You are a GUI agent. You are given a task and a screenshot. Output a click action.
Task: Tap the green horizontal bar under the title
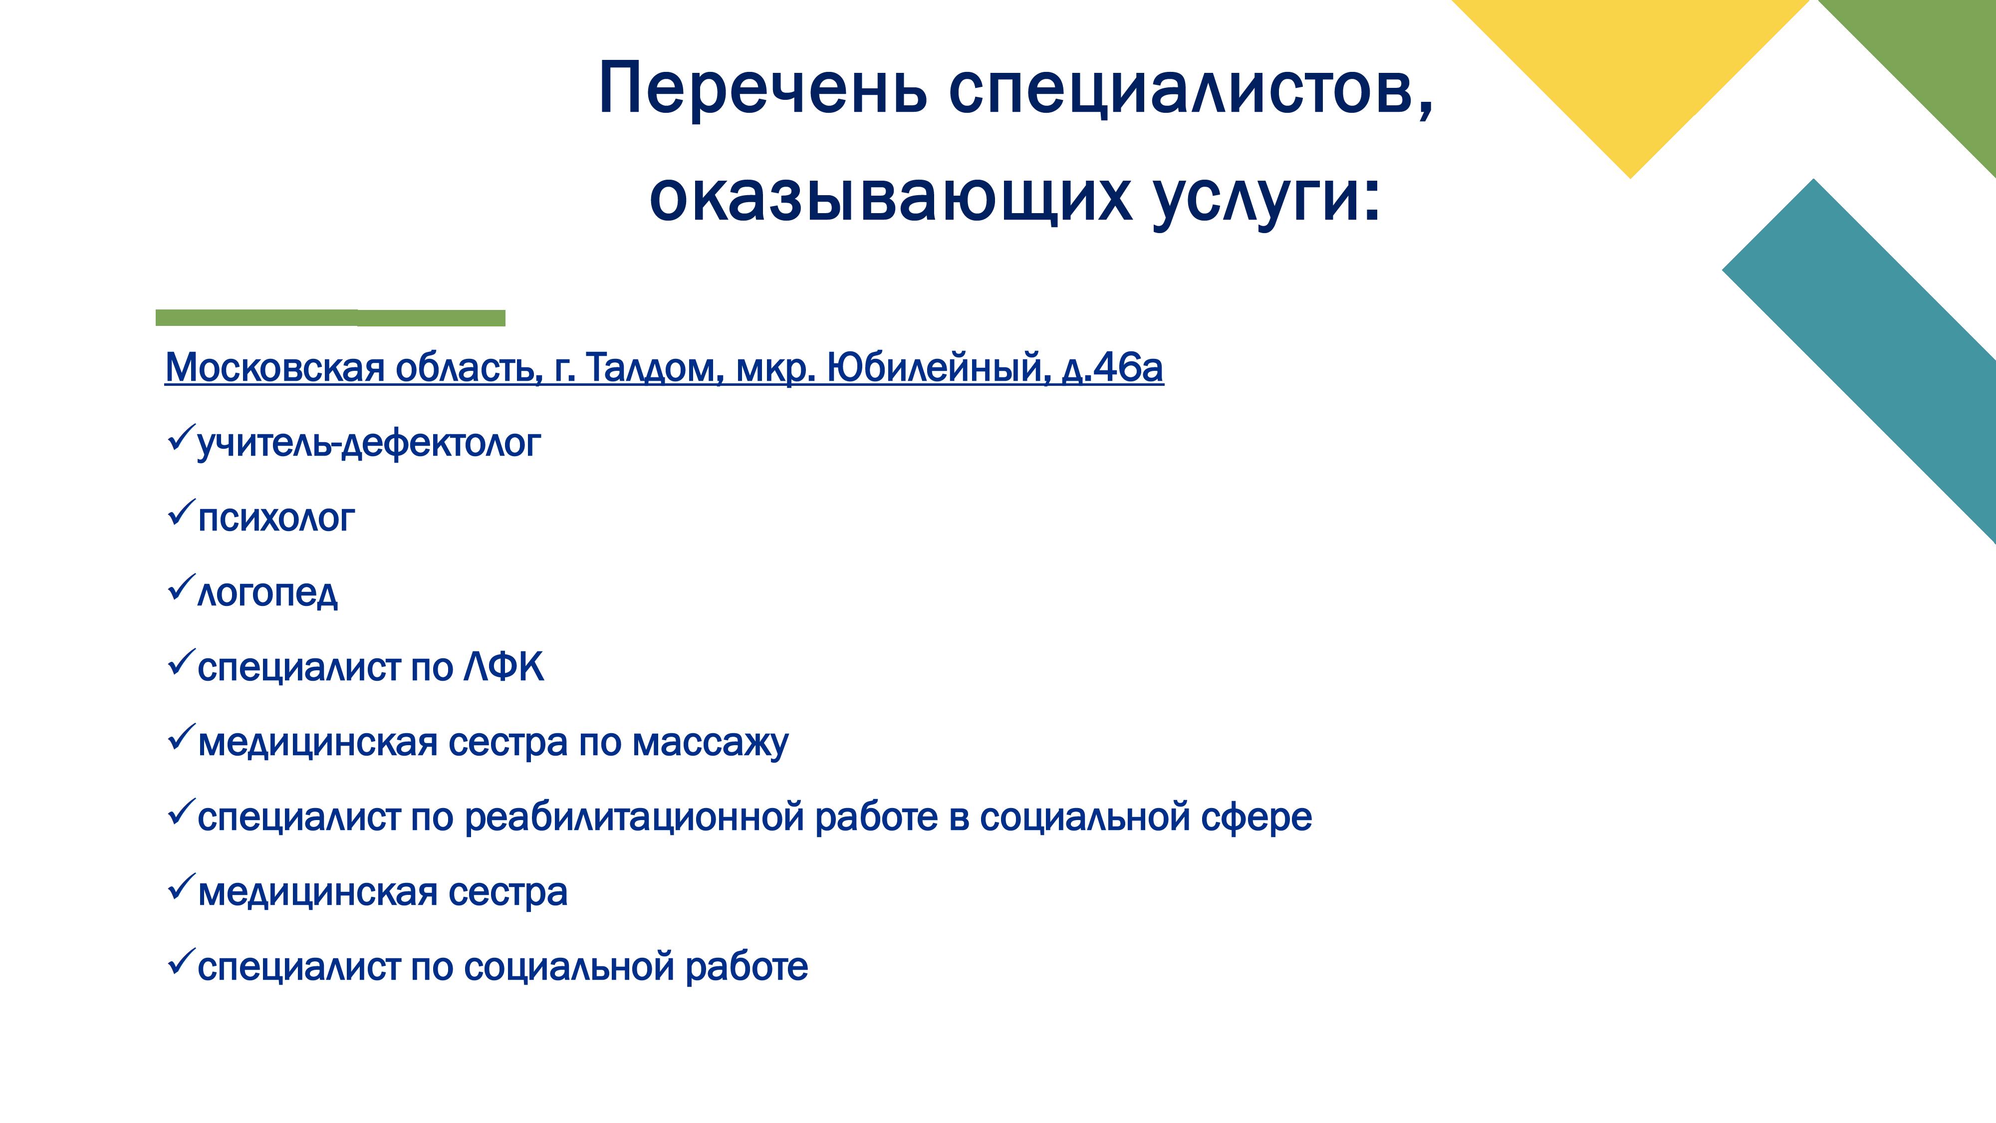click(330, 318)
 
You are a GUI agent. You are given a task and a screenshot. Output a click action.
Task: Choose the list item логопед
click(267, 593)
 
